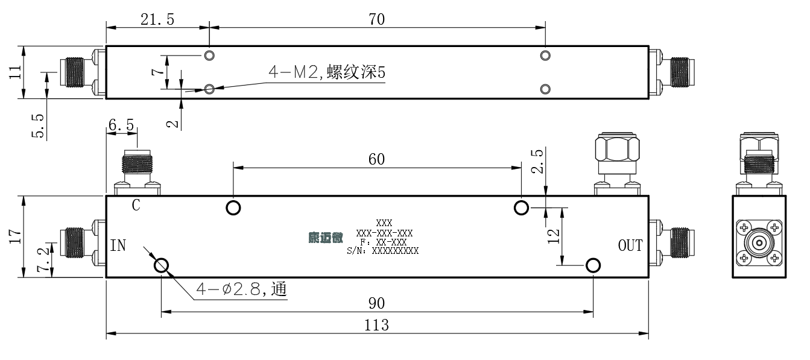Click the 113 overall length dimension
coord(376,325)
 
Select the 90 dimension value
coord(376,303)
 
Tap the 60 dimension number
coord(376,159)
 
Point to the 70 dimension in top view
coord(376,19)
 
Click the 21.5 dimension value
coord(157,19)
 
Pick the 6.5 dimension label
coord(121,125)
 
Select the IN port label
coord(118,245)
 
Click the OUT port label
coord(630,245)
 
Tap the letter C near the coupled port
coord(136,205)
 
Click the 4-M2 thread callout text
coord(327,72)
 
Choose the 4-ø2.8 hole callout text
coord(242,289)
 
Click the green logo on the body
coord(326,238)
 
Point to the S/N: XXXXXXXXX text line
coord(382,250)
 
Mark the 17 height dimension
coord(15,236)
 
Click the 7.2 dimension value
coord(43,259)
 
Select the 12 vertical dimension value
coord(553,236)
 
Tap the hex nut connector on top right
coord(617,148)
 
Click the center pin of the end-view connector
coord(759,242)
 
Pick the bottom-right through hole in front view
coord(593,266)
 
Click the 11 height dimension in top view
coord(15,72)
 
